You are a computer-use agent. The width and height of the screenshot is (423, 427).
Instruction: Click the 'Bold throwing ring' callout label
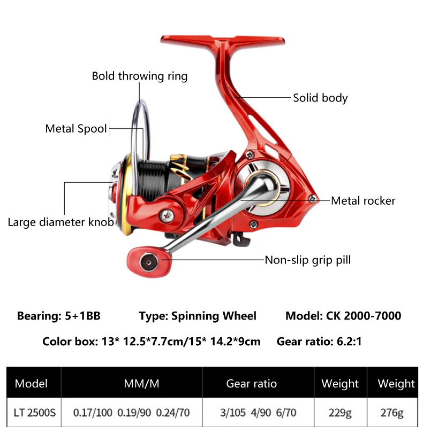(x=140, y=76)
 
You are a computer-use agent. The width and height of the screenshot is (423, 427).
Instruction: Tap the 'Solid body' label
(x=320, y=98)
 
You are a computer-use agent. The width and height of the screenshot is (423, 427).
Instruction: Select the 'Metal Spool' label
(x=76, y=129)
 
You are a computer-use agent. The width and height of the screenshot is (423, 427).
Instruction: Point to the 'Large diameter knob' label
(x=61, y=222)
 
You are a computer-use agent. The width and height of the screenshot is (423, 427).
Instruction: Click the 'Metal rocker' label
(x=363, y=201)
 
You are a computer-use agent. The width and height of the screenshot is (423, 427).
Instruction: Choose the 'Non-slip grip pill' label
(x=308, y=260)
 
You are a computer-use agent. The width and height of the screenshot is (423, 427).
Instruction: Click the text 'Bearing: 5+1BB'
(x=59, y=316)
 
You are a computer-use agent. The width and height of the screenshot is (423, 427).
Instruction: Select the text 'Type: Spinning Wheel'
(x=198, y=316)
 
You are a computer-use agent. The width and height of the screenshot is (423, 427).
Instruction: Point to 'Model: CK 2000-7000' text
(x=343, y=316)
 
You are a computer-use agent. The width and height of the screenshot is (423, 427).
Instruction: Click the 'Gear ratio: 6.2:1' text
(x=320, y=341)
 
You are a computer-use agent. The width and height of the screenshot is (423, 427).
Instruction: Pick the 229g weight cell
(x=340, y=413)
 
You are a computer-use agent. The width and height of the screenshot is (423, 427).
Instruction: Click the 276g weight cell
(x=396, y=413)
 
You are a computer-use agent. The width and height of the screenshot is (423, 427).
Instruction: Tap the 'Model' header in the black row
(x=32, y=383)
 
